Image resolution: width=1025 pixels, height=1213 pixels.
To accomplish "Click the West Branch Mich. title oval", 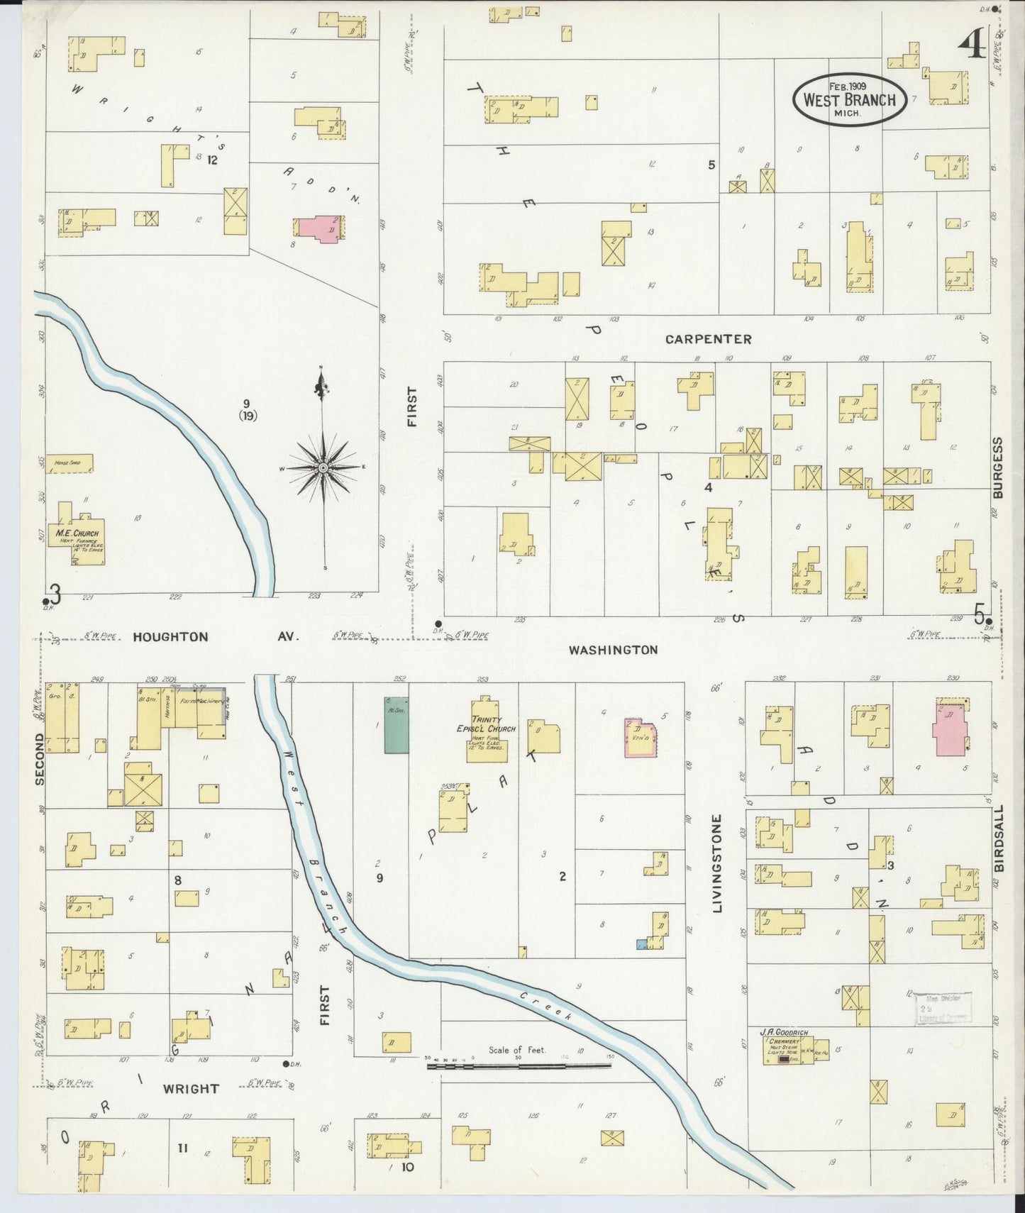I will [x=849, y=99].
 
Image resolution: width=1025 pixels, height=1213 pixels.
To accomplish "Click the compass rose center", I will [x=323, y=468].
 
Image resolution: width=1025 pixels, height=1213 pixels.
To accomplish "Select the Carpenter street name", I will [x=708, y=339].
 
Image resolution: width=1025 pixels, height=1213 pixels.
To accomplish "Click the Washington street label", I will [x=613, y=649].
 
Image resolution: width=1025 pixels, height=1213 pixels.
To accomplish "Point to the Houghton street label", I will [x=171, y=637].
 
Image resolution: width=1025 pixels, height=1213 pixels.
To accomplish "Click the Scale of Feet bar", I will [x=520, y=1065].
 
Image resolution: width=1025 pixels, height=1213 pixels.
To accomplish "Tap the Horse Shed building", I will [x=69, y=464].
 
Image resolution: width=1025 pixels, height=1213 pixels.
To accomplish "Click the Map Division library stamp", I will [x=942, y=1008].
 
